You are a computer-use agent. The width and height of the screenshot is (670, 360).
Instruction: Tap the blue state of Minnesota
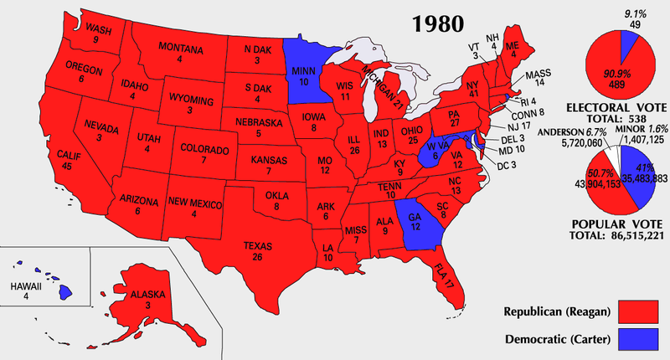pos(304,72)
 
